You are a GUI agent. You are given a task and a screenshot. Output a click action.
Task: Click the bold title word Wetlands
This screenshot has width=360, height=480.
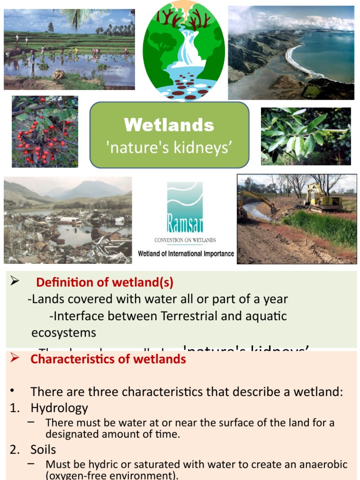pos(169,125)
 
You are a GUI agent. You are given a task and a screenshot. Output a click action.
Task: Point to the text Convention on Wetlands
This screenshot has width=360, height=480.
pos(185,240)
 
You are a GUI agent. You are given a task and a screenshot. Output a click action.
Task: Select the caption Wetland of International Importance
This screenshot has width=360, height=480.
pos(186,254)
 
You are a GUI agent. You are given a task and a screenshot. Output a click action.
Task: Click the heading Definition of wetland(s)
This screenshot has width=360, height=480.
pos(105,283)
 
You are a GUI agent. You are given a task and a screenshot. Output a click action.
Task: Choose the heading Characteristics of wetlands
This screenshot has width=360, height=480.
pos(108,360)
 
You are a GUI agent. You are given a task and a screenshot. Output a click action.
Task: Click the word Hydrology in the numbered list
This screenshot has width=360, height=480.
pos(59,408)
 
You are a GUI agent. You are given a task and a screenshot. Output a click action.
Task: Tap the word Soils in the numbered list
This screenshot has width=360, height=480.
pos(43,450)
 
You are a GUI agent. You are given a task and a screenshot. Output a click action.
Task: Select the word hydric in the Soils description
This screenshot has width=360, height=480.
pos(99,465)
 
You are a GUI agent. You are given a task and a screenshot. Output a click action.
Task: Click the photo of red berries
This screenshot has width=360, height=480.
pos(45,131)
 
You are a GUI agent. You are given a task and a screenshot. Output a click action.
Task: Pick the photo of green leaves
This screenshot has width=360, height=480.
pos(306,136)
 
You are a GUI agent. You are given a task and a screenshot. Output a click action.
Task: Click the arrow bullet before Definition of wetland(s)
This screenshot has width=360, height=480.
pos(14,281)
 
